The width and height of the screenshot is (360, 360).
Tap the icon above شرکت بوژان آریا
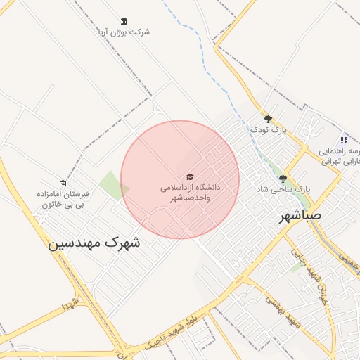click(124, 20)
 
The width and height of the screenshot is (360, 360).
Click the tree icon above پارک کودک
click(268, 119)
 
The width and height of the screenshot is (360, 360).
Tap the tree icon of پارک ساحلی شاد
click(283, 179)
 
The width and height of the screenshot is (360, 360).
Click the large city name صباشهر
click(295, 216)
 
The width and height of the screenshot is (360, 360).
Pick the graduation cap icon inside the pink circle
click(189, 176)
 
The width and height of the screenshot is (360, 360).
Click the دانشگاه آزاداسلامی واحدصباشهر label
click(190, 193)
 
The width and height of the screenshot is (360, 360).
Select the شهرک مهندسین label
click(94, 243)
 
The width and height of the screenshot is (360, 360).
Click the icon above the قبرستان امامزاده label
click(63, 183)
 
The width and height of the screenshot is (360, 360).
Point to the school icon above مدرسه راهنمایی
click(344, 140)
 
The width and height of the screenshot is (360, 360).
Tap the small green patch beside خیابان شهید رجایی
click(296, 267)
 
